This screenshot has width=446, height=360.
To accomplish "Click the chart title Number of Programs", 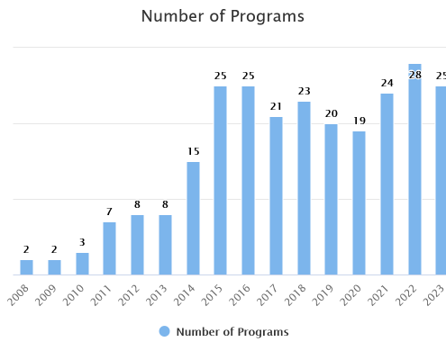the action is tap(223, 16).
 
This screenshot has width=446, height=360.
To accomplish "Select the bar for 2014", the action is tap(193, 219).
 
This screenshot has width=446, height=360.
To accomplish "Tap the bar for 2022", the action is tap(414, 169).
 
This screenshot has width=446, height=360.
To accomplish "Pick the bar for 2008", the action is tap(26, 267).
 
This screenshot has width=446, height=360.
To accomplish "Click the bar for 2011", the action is tap(109, 248).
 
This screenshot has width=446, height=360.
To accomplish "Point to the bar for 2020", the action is tap(359, 203).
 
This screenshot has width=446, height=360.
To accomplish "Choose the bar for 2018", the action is tap(304, 188).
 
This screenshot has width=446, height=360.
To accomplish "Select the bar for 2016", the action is tap(248, 181).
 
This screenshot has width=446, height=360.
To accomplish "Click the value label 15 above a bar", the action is tap(194, 151).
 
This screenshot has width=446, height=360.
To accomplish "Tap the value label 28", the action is tap(415, 75).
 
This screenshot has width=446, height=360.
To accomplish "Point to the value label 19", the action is tap(360, 121).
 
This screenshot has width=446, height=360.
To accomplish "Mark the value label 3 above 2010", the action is tap(82, 242).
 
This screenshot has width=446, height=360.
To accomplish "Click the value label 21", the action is tap(276, 106).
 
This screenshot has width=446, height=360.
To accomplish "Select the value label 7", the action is tap(109, 211).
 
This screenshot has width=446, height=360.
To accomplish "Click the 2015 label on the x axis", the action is tap(212, 295).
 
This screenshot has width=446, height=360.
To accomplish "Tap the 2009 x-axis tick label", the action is tap(45, 295).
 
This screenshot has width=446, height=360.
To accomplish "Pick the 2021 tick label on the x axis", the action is tap(378, 295).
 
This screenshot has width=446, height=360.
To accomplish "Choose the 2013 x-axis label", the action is tap(156, 295).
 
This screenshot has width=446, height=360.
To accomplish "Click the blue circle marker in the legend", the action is tap(164, 331).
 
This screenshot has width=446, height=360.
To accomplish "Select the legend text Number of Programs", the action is tap(232, 332).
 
